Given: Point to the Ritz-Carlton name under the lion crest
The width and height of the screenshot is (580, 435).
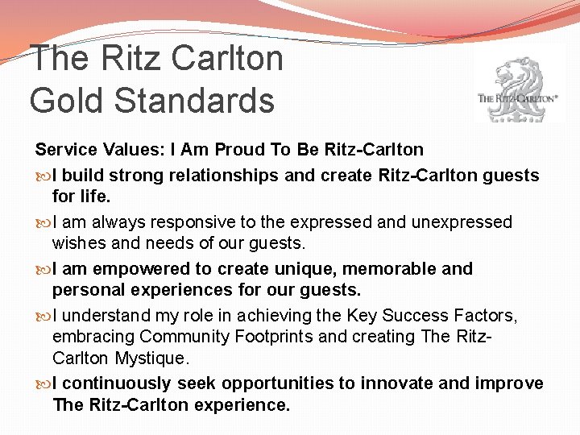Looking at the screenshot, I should [x=517, y=98].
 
